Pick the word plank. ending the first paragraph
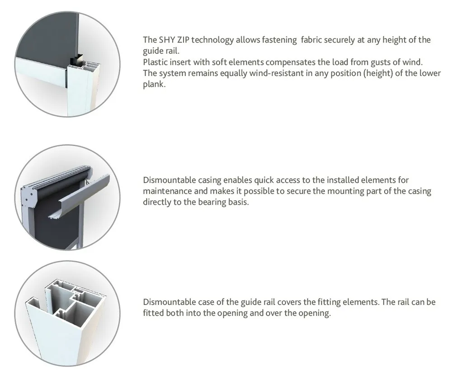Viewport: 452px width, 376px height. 154,84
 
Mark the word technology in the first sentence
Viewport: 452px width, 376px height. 212,40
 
